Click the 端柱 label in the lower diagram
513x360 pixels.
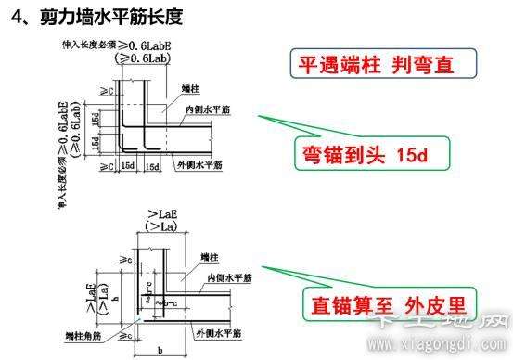point(209,256)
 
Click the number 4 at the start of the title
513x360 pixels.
point(19,17)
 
